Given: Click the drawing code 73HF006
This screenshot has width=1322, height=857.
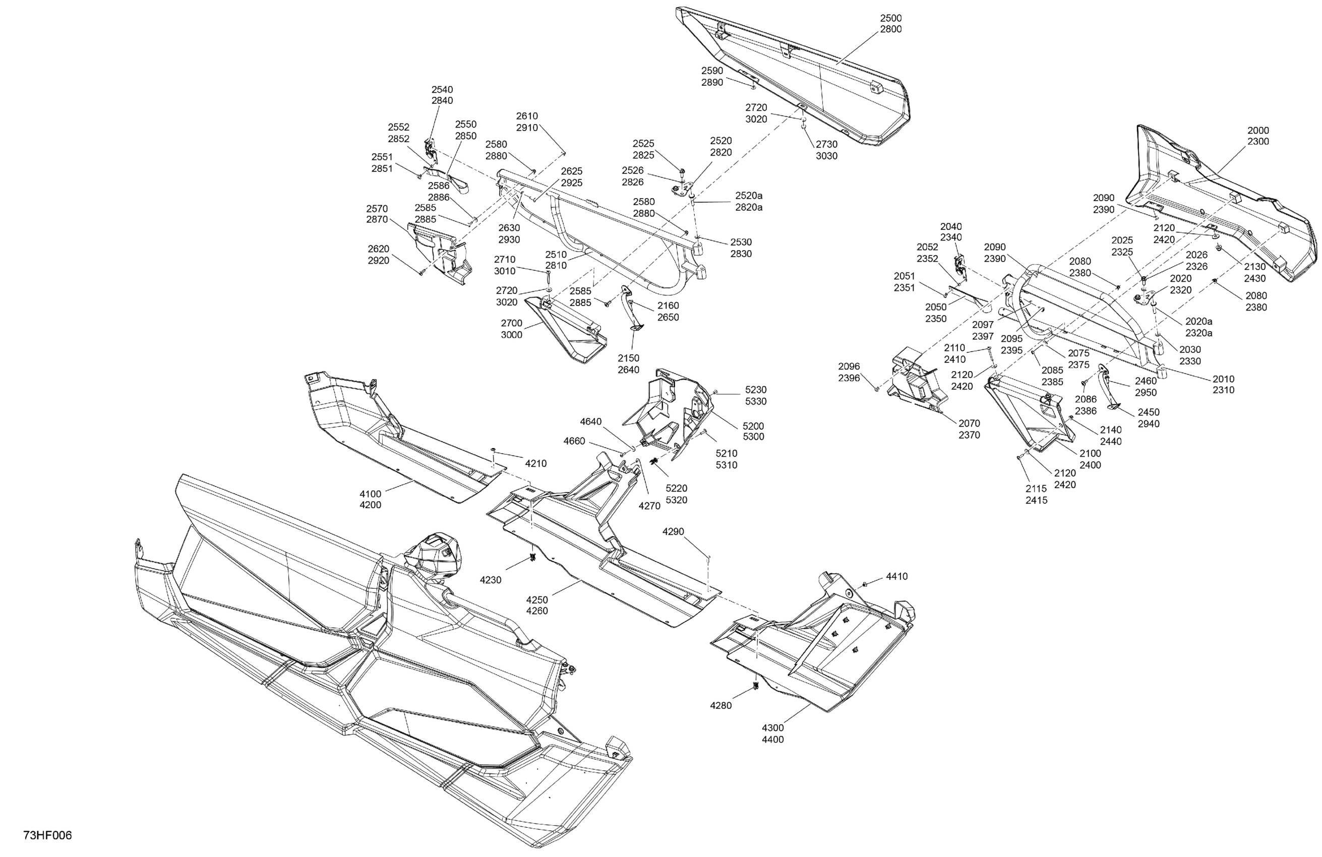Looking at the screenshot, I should [x=48, y=836].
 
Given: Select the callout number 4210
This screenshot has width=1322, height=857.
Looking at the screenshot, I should [x=535, y=463].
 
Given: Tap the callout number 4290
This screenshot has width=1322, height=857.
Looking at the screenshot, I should [x=673, y=531].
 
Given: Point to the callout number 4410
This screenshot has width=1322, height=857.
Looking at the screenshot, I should [x=896, y=577].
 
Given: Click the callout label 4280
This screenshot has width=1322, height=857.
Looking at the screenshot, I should [x=720, y=705].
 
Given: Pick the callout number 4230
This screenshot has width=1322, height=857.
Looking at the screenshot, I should [x=491, y=580].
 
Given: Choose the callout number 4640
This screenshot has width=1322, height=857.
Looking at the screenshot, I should [x=590, y=421].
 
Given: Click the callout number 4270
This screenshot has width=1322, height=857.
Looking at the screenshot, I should [x=649, y=506].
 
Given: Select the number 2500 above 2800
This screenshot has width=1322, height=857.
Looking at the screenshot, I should [x=891, y=18].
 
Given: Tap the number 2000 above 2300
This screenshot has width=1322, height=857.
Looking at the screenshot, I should [x=1258, y=131].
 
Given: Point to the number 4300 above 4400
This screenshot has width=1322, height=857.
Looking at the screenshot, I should [x=772, y=727].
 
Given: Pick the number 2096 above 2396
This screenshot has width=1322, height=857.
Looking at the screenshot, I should [x=849, y=366].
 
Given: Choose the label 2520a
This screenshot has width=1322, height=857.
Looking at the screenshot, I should [x=749, y=196].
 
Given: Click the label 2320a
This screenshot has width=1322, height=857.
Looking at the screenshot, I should [x=1198, y=333].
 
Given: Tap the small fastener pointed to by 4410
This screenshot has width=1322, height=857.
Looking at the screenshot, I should [x=865, y=585].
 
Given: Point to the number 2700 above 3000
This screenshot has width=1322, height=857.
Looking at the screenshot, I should [x=511, y=323].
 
